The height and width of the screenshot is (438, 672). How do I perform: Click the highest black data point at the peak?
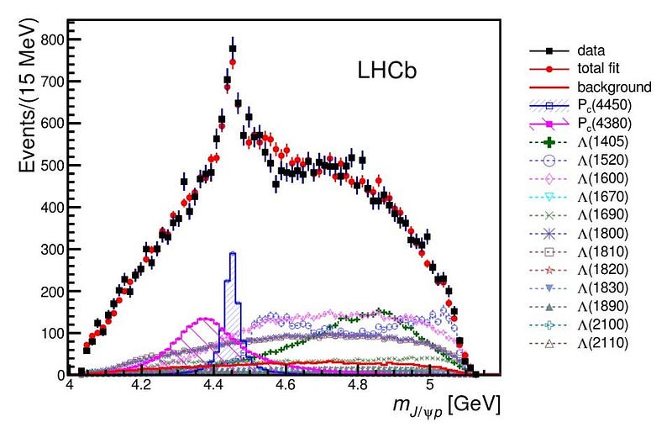(233, 49)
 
